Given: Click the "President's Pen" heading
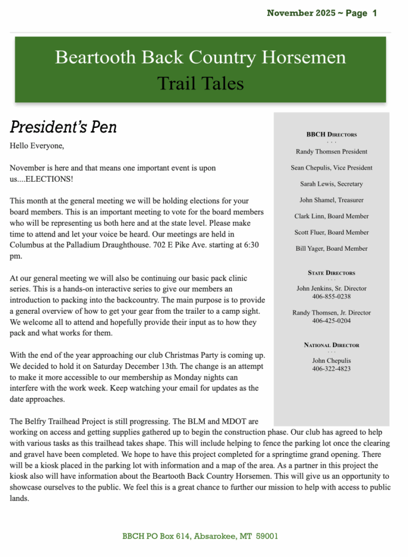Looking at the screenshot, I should [63, 127].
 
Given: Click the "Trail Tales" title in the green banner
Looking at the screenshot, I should [200, 83].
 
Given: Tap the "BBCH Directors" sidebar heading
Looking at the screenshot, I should [331, 134].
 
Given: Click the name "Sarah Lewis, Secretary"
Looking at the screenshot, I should [331, 184].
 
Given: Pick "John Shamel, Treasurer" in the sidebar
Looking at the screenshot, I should [331, 200].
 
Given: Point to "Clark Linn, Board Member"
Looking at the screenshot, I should [331, 216].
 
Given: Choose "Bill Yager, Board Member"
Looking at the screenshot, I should [331, 249].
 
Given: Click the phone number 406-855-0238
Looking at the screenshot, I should [331, 296].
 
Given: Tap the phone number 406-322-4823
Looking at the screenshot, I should [331, 368].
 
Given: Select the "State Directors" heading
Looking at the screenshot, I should [331, 273].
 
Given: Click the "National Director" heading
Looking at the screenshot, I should [331, 345].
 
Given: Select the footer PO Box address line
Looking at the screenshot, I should [200, 536].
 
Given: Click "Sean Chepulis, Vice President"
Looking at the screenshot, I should [331, 168].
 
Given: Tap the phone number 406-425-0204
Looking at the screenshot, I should [331, 321].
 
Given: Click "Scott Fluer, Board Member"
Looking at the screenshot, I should [331, 232].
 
